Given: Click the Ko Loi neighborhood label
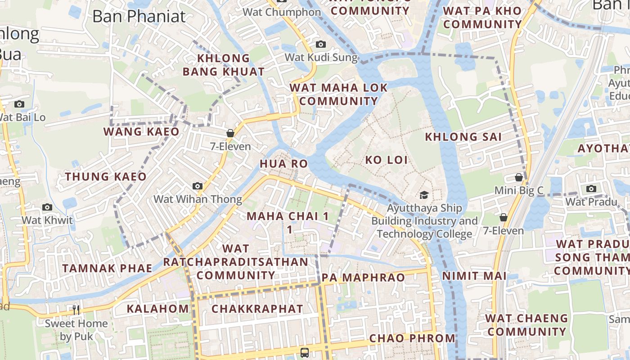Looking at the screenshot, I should click(x=386, y=160).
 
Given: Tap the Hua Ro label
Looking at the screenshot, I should click(x=283, y=163).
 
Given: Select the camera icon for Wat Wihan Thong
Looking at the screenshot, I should click(x=197, y=186).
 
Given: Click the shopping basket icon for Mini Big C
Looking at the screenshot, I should click(x=519, y=177).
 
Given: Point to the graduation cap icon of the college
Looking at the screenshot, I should click(x=424, y=195).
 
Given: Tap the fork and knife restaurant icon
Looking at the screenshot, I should click(x=76, y=310).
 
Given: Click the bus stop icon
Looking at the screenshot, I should click(x=305, y=352).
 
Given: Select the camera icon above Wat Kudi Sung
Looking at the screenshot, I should click(x=320, y=44).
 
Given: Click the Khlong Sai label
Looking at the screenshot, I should click(x=463, y=137).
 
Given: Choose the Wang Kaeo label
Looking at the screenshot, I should click(x=141, y=131).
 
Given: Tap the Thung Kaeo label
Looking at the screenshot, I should click(x=106, y=176).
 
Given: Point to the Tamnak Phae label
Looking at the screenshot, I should click(x=107, y=268).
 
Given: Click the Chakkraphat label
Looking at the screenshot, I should click(x=257, y=309).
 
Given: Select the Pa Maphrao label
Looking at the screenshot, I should click(x=364, y=278).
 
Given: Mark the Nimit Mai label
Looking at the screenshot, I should click(x=474, y=276).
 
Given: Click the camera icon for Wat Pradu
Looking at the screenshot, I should click(x=591, y=189).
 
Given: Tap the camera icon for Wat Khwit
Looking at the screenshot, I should click(x=47, y=207).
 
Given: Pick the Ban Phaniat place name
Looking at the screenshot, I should click(x=139, y=16).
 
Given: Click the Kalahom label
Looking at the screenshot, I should click(x=157, y=309).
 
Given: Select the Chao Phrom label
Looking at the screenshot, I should click(x=412, y=338).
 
